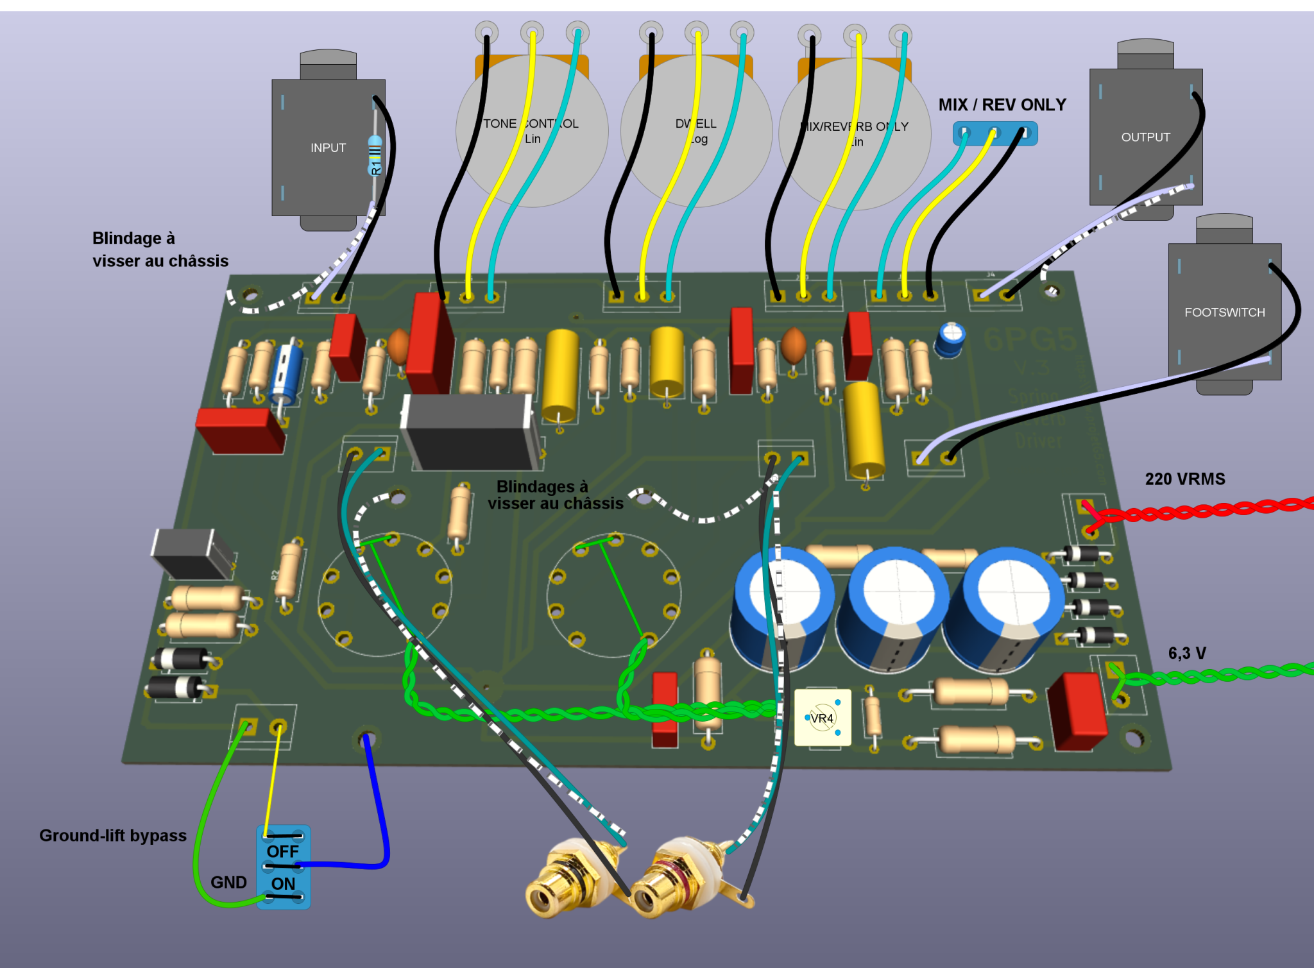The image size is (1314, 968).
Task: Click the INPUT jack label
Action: (328, 148)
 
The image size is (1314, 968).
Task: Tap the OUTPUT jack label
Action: (1145, 137)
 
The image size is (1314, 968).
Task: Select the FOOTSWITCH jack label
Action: (1224, 312)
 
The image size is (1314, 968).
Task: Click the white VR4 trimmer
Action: (823, 717)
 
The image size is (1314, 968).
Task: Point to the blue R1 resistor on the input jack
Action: (375, 155)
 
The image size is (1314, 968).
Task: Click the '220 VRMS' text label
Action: (1184, 479)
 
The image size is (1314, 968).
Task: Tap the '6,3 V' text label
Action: (1186, 653)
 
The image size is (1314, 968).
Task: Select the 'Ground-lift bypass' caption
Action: (113, 835)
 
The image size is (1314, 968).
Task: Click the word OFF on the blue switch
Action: (283, 851)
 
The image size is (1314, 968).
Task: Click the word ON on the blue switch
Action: (283, 883)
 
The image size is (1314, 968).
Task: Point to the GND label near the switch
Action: (228, 882)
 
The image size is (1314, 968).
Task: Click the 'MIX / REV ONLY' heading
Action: (1002, 105)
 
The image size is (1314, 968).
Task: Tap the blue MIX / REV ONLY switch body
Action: (994, 133)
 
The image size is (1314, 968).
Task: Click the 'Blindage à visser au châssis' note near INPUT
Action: (160, 249)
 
